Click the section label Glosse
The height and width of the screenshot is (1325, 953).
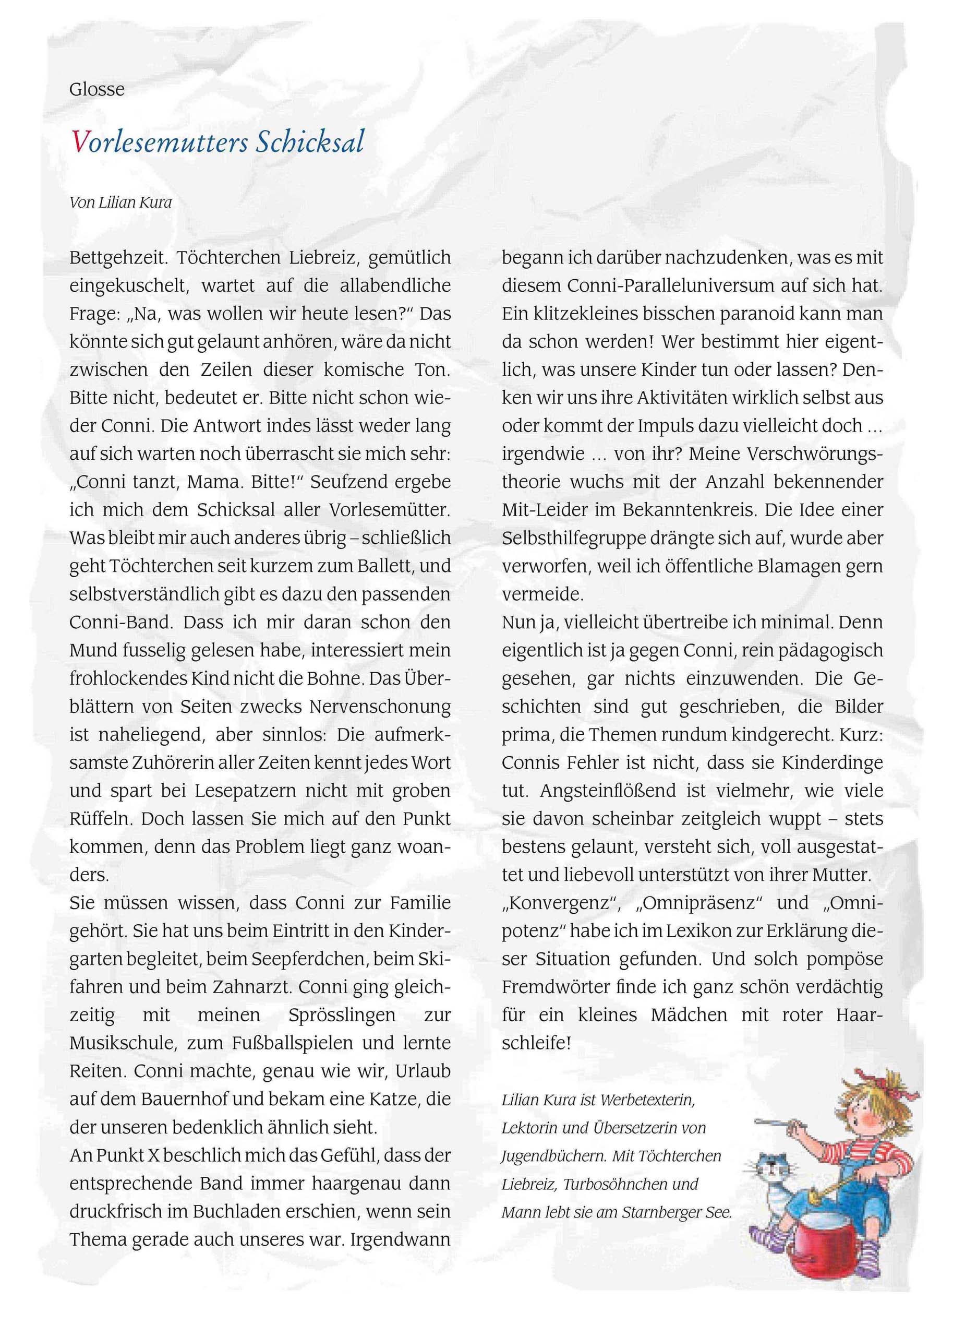(96, 89)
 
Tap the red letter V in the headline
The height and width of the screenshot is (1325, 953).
(79, 141)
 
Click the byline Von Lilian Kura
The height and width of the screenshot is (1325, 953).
(120, 202)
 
